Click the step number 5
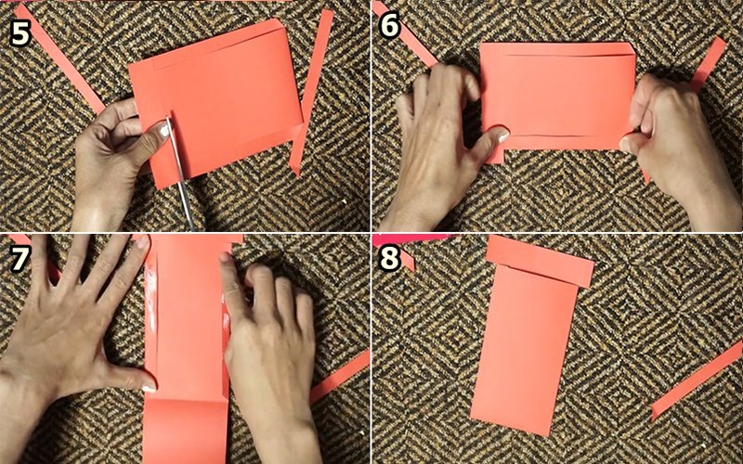[20, 33]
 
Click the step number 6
[390, 25]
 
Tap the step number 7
[19, 259]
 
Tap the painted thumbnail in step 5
[164, 130]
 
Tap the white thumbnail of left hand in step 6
[502, 135]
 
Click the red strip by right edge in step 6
[710, 64]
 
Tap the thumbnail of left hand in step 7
[149, 388]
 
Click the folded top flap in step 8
[541, 262]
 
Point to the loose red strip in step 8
[697, 380]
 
